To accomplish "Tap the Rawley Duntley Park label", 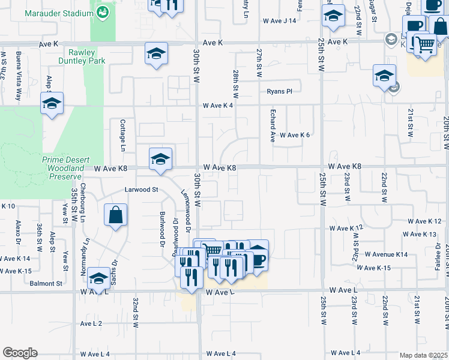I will pos(83,56).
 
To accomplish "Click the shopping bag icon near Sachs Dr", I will pos(115,216).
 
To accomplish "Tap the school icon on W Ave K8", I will pos(160,160).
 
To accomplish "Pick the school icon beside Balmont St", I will pos(99,279).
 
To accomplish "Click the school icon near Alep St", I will pos(52,104).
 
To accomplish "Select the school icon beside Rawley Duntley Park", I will pos(156,55).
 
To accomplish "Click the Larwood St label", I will pos(140,190).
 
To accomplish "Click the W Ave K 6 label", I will pos(294,135).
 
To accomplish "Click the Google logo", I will pos(20,352).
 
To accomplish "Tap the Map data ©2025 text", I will pos(424,355).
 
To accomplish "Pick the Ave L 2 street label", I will pos(91,323).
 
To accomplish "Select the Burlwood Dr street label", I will pos(162,229).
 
